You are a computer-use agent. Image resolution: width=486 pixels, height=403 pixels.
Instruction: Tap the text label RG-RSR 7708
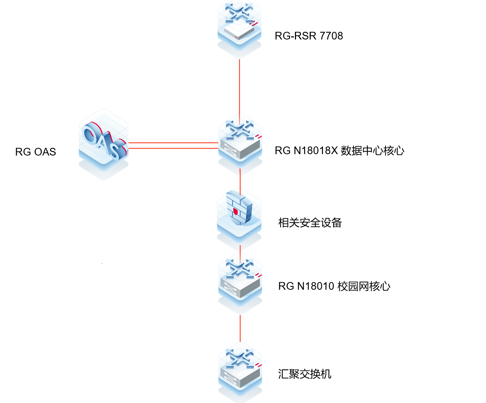309,36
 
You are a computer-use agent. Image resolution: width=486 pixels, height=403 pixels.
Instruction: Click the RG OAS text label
35,152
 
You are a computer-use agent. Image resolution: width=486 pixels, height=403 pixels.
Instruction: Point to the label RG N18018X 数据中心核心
339,151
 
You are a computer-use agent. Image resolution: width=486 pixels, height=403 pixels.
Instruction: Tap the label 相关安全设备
310,223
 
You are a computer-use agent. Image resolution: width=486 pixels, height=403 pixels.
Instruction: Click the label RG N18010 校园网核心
334,286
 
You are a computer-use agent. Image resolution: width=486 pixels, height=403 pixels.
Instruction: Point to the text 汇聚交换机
304,374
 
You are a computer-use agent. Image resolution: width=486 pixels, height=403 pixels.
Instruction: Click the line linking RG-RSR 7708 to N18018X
239,87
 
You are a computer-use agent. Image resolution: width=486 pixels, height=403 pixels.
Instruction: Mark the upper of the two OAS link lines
173,143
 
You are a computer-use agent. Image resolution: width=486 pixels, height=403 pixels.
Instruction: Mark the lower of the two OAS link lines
173,149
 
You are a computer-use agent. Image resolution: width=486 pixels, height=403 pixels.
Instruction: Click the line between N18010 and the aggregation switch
240,329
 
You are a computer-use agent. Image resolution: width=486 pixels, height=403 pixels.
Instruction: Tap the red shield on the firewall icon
235,211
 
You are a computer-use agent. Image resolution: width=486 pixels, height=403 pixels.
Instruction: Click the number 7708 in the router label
331,36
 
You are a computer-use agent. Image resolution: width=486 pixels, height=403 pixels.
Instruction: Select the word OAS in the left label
45,152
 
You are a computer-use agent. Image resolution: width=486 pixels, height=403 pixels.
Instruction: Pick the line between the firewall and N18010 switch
240,251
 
